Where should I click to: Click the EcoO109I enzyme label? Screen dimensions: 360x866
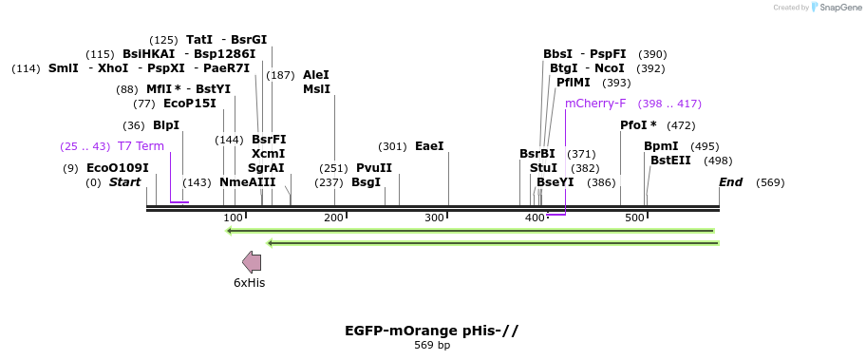118,168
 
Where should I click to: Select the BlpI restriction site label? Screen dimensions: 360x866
166,125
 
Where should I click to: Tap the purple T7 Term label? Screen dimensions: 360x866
141,146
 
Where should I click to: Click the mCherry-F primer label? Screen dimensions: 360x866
595,104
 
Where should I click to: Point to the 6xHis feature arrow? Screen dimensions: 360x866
252,262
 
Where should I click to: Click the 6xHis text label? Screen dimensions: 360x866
250,282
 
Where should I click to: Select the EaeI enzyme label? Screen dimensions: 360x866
429,146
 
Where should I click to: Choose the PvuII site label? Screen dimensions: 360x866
374,168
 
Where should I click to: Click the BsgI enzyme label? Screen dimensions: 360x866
366,182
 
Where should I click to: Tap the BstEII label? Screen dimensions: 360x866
670,161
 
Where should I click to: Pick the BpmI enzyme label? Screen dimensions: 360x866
661,146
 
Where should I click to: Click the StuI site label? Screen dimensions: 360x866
543,168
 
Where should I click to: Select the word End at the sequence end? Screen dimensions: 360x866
730,182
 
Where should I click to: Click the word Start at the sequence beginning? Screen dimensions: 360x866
124,182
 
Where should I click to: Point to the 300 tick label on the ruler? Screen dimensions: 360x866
435,218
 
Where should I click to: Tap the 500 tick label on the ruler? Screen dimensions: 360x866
634,218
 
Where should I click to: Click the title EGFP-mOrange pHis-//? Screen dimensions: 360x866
432,331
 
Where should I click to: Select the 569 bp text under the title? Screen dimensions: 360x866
432,345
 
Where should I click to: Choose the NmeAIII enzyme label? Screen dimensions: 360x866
247,182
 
